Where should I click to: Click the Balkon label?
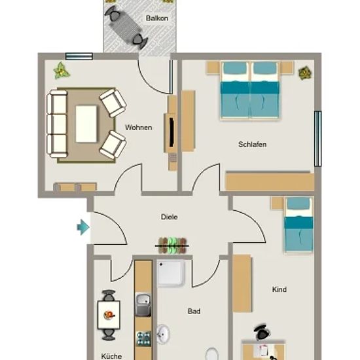[x=157, y=18]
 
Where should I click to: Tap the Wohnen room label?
[x=139, y=128]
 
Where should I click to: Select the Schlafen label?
[x=252, y=144]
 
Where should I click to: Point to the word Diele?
[x=170, y=217]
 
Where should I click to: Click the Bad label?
[x=194, y=311]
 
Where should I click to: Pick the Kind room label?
[x=279, y=289]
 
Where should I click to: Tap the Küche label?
[x=111, y=356]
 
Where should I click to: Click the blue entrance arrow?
[x=83, y=227]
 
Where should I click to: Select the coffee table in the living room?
[x=86, y=124]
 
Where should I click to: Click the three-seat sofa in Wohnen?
[x=57, y=124]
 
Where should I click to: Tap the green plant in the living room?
[x=61, y=71]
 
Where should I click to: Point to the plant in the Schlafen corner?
[x=305, y=73]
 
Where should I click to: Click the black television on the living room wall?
[x=171, y=132]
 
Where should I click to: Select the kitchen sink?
[x=143, y=304]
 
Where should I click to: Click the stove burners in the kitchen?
[x=143, y=338]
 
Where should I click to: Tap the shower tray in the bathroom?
[x=171, y=273]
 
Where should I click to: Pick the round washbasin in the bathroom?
[x=163, y=334]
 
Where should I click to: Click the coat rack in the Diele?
[x=172, y=245]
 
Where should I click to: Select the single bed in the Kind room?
[x=298, y=225]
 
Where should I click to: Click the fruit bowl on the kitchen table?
[x=109, y=315]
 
